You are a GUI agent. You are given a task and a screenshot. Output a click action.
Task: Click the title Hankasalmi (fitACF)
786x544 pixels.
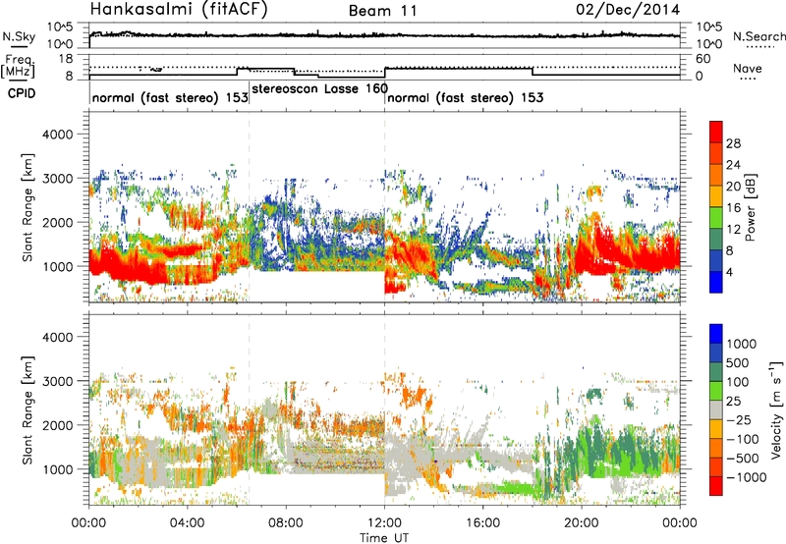coord(179,10)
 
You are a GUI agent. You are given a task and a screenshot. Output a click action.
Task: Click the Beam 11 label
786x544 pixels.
coord(383,11)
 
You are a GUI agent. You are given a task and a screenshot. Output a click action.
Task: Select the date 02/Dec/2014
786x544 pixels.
coord(628,10)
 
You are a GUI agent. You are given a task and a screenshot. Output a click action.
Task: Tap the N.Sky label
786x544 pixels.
coord(19,36)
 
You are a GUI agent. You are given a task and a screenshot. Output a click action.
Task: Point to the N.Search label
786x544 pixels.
coord(758,36)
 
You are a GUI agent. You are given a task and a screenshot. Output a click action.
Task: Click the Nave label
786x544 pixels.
coord(748,68)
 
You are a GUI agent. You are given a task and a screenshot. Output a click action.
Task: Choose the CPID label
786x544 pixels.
coord(22,93)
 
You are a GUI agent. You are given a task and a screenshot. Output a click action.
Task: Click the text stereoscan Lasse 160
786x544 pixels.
coord(320,88)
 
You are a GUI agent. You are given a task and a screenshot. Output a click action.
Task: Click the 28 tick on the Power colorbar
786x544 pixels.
coord(733,143)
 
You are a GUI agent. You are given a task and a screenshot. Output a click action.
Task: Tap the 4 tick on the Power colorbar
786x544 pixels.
coord(730,273)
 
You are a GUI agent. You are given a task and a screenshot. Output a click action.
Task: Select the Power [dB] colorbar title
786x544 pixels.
coord(751,207)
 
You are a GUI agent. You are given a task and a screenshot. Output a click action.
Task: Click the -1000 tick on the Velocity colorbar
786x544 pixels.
coord(747,477)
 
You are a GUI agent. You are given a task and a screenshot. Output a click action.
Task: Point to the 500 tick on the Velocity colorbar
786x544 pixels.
coord(738,362)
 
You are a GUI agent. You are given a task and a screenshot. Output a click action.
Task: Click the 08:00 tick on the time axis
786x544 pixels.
coord(286,523)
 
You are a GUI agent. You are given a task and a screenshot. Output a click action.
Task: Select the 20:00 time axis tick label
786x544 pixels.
coord(582,523)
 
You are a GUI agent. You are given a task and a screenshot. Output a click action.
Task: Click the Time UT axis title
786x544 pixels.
coord(384,537)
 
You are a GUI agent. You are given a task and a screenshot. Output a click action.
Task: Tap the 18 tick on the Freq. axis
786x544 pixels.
coord(66,59)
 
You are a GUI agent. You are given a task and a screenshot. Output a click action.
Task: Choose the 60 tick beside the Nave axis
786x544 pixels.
coord(703,59)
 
